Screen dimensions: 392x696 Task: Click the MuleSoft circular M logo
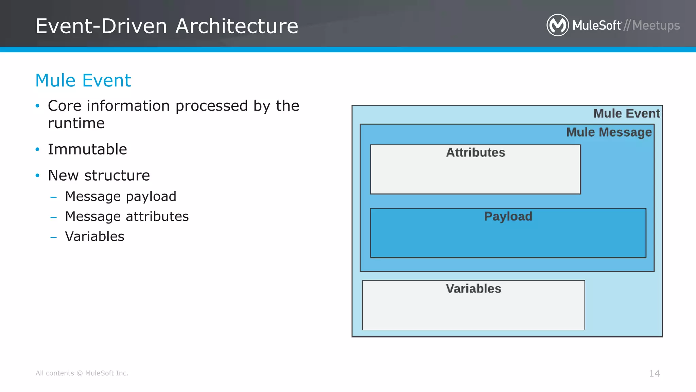(x=557, y=25)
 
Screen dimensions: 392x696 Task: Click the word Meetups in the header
(x=656, y=26)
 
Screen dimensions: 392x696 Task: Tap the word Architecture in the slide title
(x=237, y=26)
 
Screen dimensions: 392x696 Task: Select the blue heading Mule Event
(x=83, y=81)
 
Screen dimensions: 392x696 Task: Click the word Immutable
(x=87, y=149)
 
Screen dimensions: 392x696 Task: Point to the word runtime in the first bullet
(x=76, y=123)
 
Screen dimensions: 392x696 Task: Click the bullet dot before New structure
(x=38, y=176)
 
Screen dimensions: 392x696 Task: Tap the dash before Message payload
(x=53, y=197)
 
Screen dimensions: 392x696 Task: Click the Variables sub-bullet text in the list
(x=94, y=236)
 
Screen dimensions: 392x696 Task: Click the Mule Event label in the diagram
(x=626, y=113)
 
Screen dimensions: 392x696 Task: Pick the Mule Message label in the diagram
(x=609, y=132)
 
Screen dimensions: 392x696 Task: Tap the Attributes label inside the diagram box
(x=475, y=152)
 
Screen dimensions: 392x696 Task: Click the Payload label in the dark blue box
(x=508, y=216)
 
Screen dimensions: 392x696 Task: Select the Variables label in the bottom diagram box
(x=473, y=289)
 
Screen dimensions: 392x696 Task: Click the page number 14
(x=654, y=373)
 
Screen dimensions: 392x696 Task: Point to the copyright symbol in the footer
(x=80, y=373)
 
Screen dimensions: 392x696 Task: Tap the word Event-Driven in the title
(x=101, y=26)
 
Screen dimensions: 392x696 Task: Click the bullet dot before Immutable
(x=38, y=149)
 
